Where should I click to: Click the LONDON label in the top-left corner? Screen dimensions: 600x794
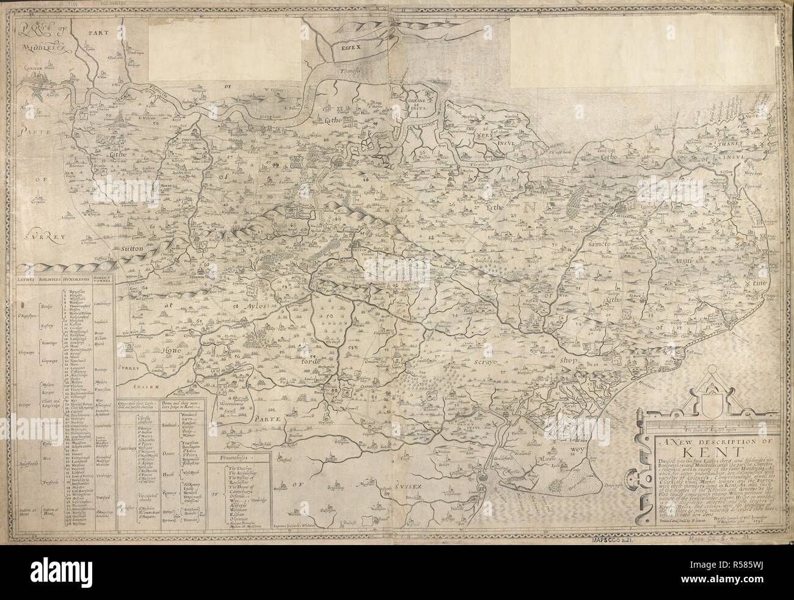click(x=35, y=70)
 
